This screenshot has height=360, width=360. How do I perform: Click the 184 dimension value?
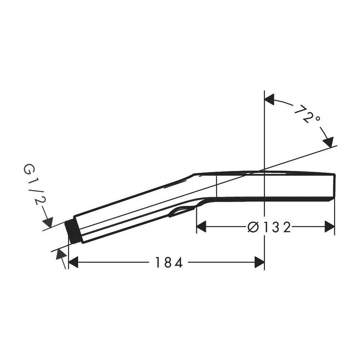[x=169, y=262]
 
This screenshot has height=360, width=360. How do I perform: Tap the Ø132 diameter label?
[x=269, y=227]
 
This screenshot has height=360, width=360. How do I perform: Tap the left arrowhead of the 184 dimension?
[x=73, y=262]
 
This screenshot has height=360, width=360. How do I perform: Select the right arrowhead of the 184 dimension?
[x=260, y=262]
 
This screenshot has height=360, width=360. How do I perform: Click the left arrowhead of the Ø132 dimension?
[x=201, y=227]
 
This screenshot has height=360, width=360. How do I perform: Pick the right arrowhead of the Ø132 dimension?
[x=329, y=227]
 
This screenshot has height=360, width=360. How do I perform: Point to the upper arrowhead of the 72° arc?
[x=269, y=99]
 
